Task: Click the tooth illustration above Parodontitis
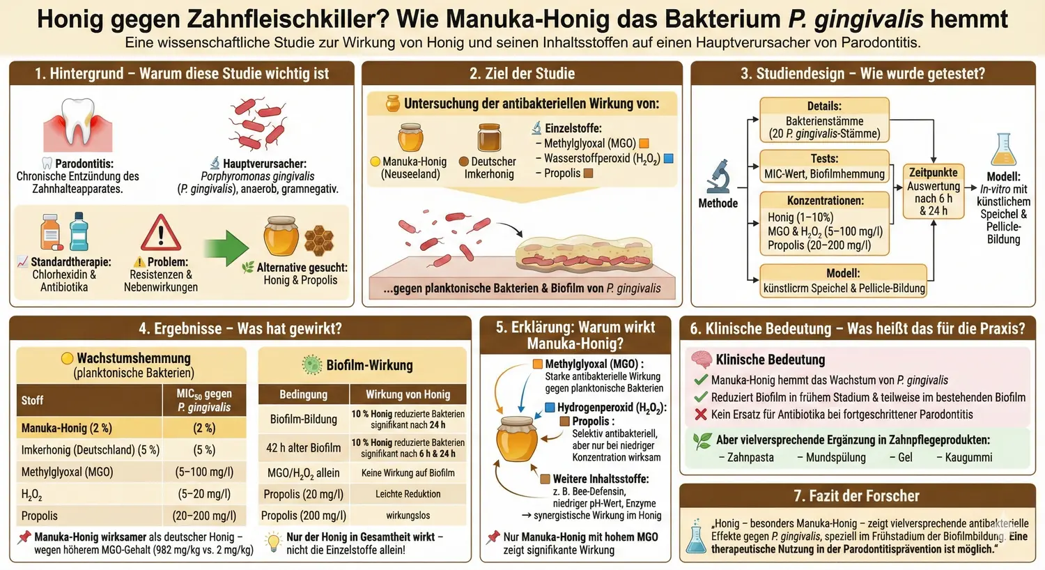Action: [x=77, y=123]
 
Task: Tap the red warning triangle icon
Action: [x=160, y=233]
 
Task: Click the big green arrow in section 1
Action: [x=226, y=247]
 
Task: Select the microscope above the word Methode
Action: [x=718, y=176]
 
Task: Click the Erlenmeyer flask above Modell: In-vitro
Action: [x=1003, y=150]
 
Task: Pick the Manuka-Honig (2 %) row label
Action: [x=66, y=428]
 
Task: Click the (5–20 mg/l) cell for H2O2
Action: [x=204, y=494]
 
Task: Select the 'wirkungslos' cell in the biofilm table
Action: [x=408, y=516]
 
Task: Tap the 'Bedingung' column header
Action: [x=303, y=394]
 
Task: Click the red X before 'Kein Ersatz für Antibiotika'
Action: [x=701, y=415]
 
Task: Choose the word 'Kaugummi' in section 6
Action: [x=968, y=458]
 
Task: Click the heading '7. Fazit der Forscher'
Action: [x=856, y=496]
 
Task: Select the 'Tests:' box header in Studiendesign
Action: [x=824, y=159]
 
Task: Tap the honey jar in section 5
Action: [x=516, y=439]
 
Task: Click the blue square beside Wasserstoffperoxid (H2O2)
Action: [x=668, y=159]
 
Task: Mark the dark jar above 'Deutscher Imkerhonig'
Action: [x=489, y=138]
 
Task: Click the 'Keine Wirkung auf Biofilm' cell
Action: [x=408, y=473]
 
